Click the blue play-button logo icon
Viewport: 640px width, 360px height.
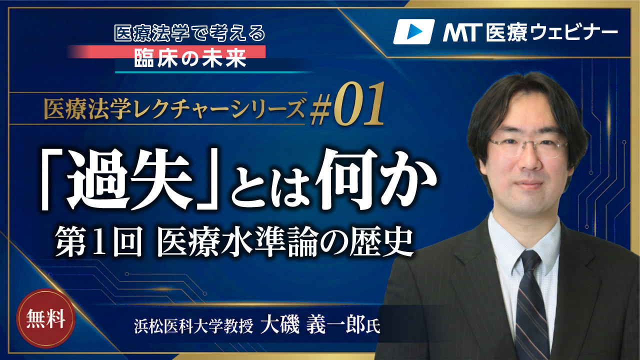click(x=413, y=31)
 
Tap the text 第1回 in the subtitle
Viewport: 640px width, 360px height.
click(x=98, y=242)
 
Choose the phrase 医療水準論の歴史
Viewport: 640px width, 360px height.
click(x=284, y=242)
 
